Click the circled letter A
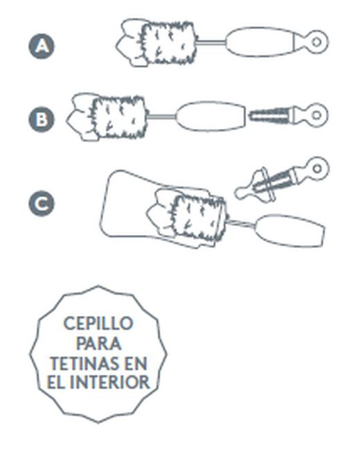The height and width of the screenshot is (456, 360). pos(42,46)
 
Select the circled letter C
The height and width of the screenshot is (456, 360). pos(42,204)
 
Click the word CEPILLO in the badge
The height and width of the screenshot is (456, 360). pos(98,324)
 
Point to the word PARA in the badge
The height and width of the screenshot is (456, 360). pos(98,343)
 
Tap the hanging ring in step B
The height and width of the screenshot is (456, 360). pos(316,114)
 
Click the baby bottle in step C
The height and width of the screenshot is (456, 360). pos(125,201)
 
